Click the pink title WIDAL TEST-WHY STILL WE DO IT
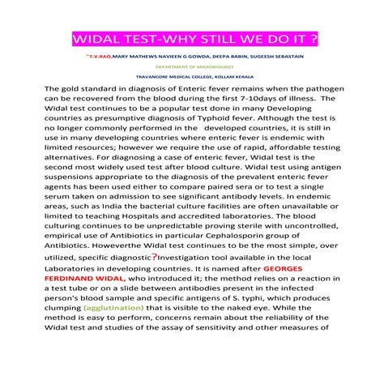pyautogui.click(x=184, y=40)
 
